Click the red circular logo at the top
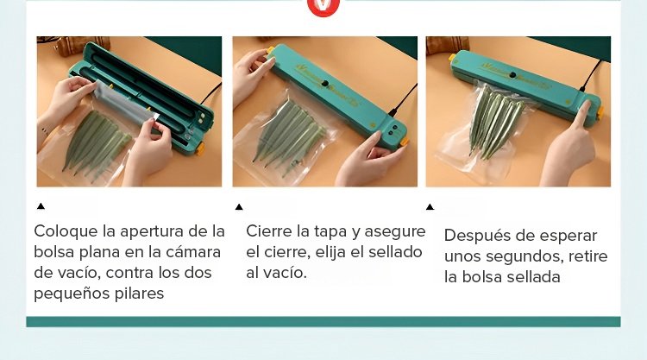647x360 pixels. [323, 6]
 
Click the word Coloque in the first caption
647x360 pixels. [66, 231]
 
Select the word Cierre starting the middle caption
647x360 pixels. [269, 231]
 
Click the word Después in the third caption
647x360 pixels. [477, 237]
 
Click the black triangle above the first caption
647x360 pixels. [41, 206]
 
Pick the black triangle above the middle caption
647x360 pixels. [239, 207]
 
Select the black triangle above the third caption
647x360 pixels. [430, 207]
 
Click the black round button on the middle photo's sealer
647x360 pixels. [325, 84]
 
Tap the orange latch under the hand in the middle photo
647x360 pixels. [405, 142]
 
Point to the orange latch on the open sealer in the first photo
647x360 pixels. [200, 148]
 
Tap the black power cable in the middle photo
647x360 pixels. [403, 100]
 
